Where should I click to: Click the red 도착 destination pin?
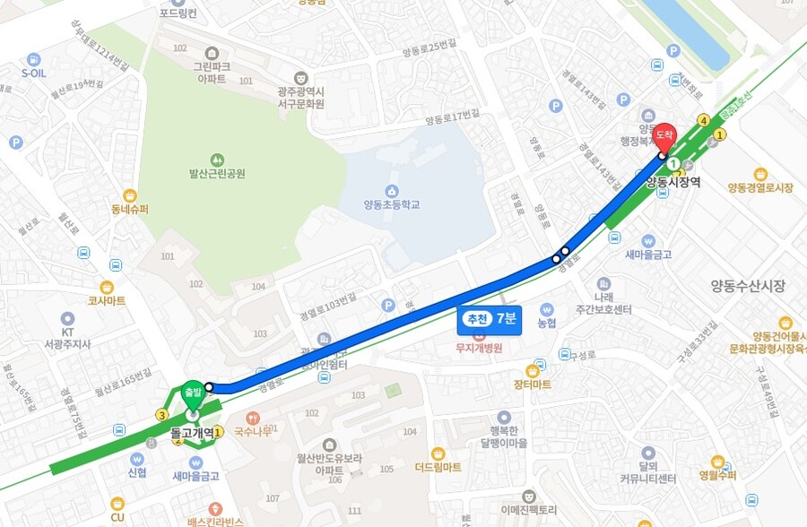[x=664, y=136]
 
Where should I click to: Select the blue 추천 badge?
[x=475, y=318]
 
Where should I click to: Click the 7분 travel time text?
[x=507, y=318]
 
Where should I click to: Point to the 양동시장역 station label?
[x=672, y=182]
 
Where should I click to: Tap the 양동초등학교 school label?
[x=392, y=204]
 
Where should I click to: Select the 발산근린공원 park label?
[x=216, y=173]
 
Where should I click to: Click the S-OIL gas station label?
[x=33, y=73]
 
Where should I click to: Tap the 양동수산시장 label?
[x=747, y=286]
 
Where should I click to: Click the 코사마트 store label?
[x=107, y=301]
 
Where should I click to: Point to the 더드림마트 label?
[x=438, y=467]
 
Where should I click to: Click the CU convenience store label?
[x=117, y=517]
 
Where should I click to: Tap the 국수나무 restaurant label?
[x=253, y=431]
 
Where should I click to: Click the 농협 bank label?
[x=547, y=322]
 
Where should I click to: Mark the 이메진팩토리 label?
[x=529, y=509]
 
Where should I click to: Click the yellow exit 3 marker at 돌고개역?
[x=161, y=414]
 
